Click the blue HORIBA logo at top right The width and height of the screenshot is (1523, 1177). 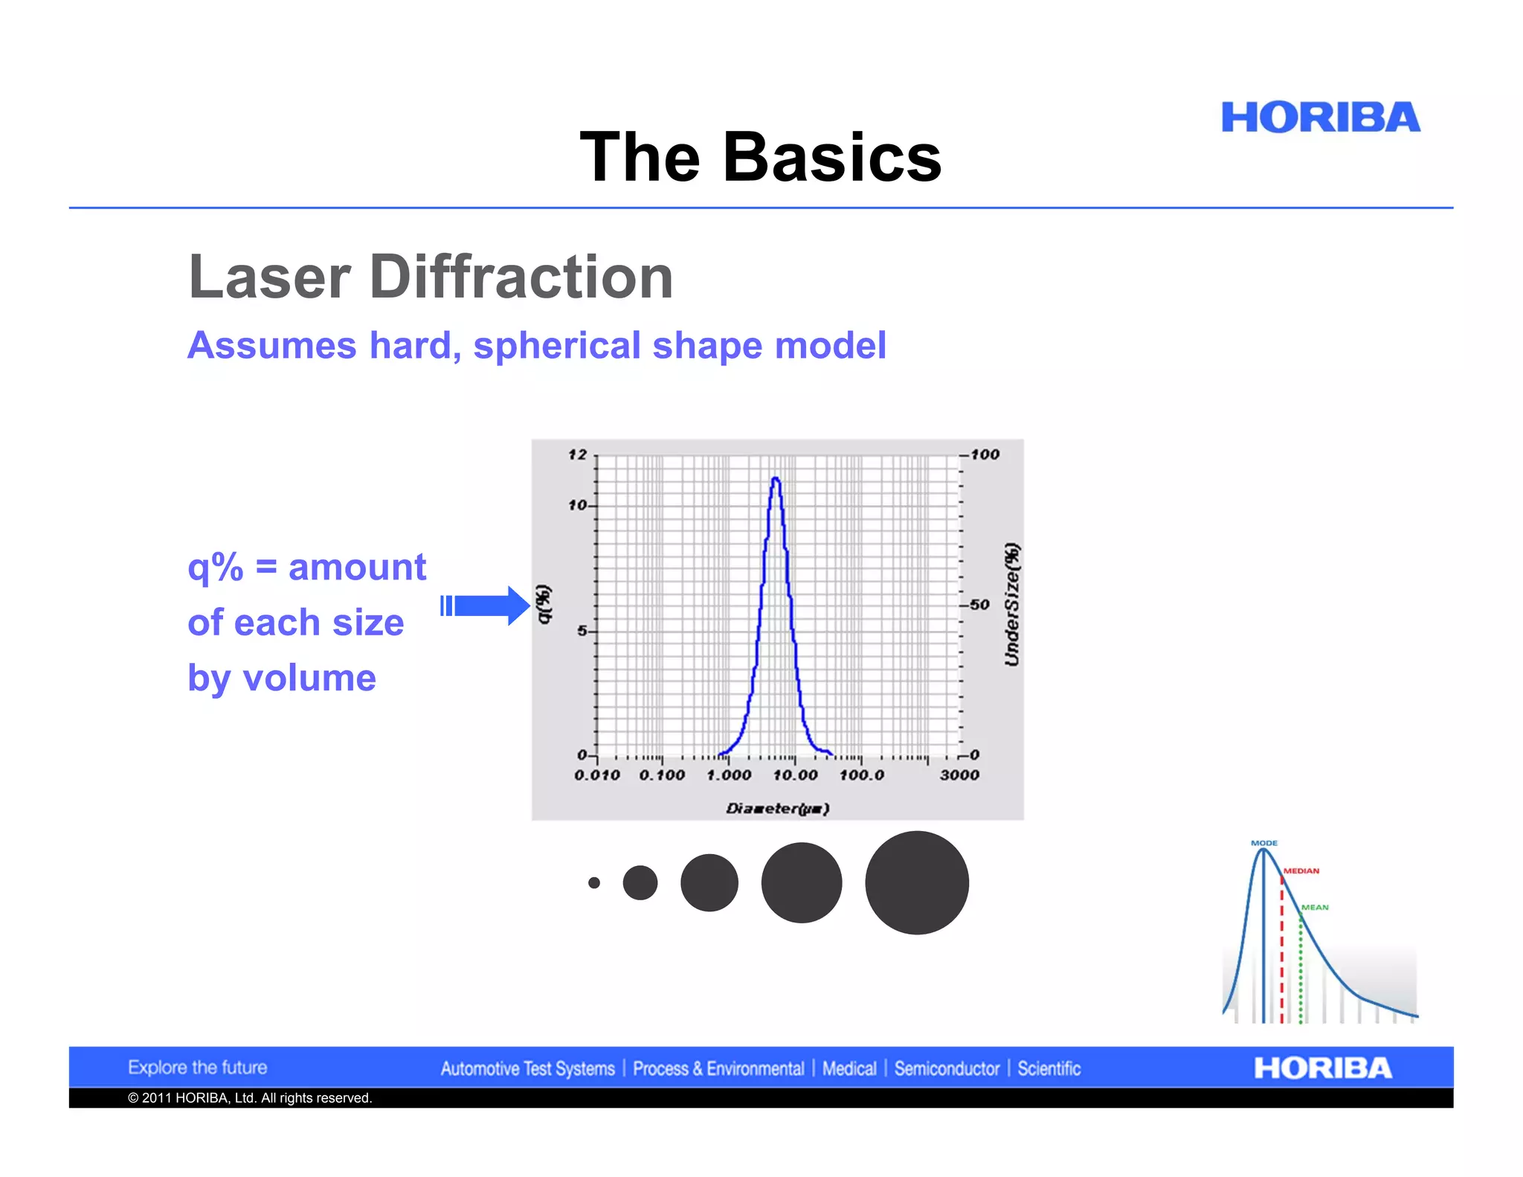[1320, 118]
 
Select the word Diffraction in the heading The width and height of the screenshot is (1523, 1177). [521, 277]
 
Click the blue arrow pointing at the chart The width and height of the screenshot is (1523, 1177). [487, 606]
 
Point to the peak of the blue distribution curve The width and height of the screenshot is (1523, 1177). [776, 480]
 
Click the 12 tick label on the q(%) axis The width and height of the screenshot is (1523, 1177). [578, 455]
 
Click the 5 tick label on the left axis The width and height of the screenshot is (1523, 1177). [582, 631]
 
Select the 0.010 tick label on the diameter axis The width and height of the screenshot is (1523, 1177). [596, 775]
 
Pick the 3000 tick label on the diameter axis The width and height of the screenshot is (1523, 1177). [959, 775]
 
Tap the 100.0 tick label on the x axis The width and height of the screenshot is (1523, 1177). [862, 775]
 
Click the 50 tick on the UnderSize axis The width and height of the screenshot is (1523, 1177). [979, 605]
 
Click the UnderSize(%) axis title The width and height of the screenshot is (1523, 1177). [1012, 605]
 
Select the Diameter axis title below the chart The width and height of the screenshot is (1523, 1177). [777, 809]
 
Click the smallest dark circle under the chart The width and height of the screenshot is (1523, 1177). [593, 883]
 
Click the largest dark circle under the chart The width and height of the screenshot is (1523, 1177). [917, 883]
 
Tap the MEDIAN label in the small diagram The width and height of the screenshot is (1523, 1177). [1301, 870]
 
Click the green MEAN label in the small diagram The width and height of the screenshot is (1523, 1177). [1315, 907]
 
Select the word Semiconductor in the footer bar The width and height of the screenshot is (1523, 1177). [947, 1069]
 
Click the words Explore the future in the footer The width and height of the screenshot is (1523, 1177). [197, 1068]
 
